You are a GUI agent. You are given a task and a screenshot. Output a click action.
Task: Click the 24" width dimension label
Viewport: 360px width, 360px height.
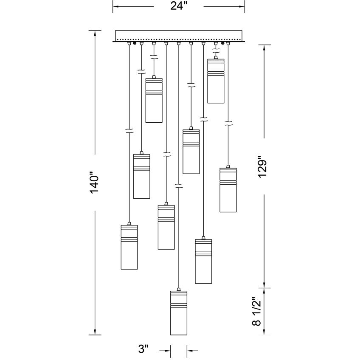[x=179, y=7]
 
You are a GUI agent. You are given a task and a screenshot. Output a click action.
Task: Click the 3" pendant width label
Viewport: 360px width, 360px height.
[x=143, y=350]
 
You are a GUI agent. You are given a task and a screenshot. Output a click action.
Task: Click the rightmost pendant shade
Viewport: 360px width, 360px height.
[x=228, y=190]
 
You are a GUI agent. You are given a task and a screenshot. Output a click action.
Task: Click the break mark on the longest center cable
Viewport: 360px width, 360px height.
[x=178, y=185]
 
